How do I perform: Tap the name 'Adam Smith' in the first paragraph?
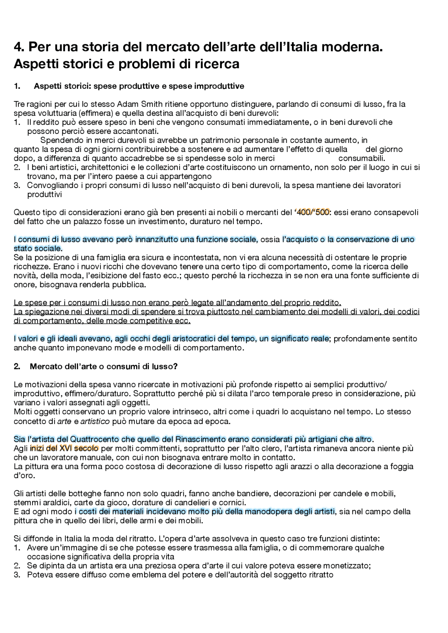pos(136,104)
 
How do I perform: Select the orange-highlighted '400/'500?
pos(312,212)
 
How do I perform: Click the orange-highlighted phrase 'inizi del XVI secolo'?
pos(64,448)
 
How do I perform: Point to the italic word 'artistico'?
pos(95,421)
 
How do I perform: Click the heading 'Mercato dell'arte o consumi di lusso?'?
pos(104,366)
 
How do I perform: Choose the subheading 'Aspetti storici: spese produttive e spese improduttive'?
pos(139,86)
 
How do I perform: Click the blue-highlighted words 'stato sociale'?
pos(37,249)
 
